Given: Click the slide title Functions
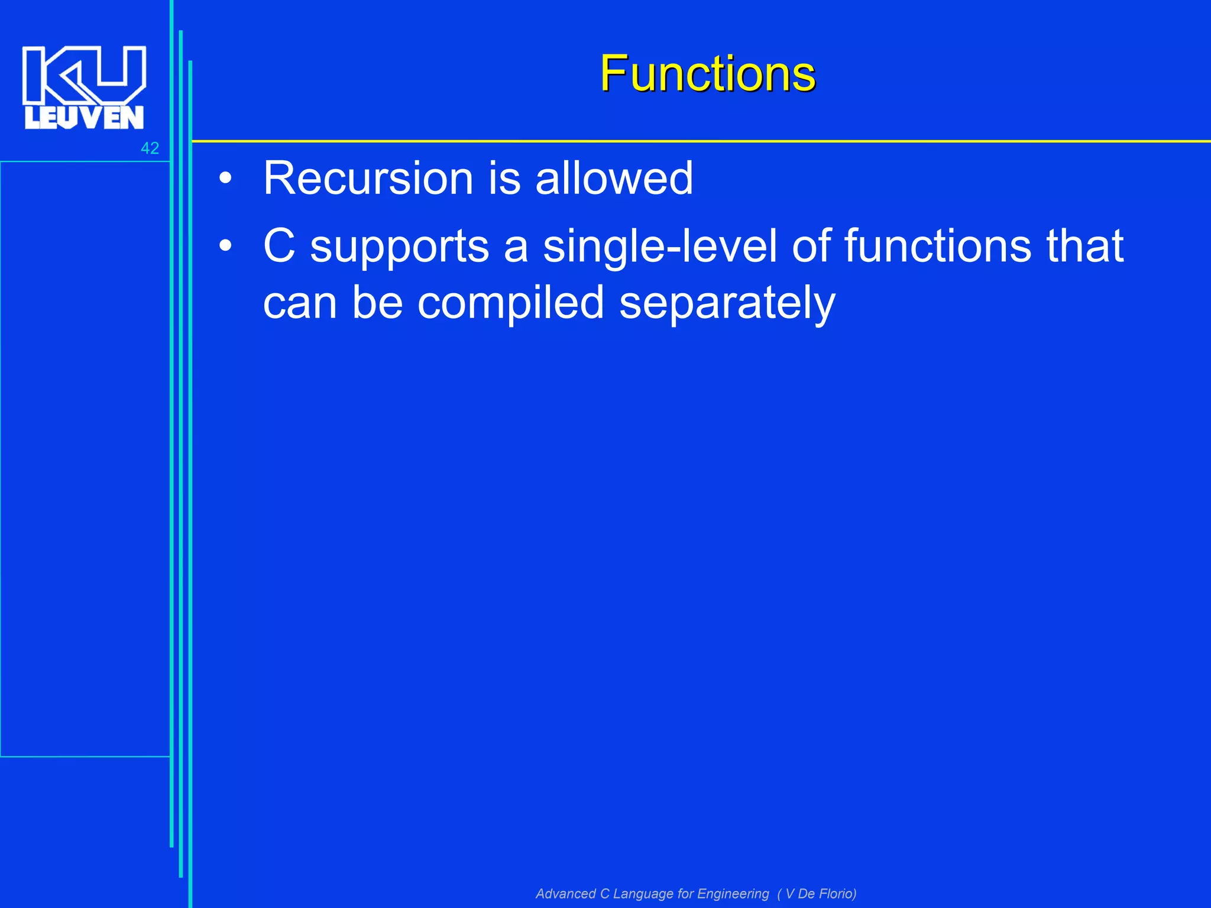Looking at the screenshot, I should [707, 74].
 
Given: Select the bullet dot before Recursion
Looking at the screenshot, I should [225, 178].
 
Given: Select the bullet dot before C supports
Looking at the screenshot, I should [225, 246].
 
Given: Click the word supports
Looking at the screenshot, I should [400, 247].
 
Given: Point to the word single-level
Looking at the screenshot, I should [659, 247].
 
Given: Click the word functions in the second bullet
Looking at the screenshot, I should [937, 246].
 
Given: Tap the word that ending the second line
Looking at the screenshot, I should [1084, 246].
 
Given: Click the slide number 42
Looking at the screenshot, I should [150, 148].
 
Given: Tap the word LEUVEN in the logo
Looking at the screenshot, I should [84, 118].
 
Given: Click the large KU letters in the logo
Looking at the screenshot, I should [84, 74].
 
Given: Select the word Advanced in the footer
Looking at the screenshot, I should [565, 893].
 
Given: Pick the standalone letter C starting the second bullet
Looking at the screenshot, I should [279, 246].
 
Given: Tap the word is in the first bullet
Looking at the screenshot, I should [504, 178].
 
